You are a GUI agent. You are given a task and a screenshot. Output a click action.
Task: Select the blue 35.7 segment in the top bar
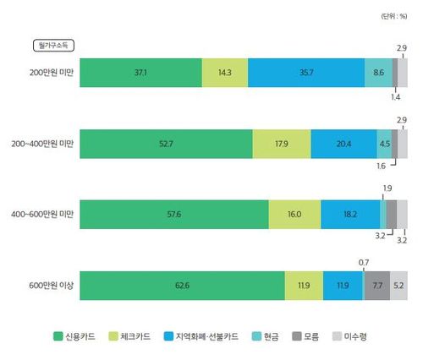(306, 74)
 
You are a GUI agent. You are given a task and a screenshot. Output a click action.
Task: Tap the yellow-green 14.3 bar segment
(225, 74)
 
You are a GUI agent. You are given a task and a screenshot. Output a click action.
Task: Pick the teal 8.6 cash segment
(378, 74)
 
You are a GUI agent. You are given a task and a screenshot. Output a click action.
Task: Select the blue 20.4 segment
(343, 144)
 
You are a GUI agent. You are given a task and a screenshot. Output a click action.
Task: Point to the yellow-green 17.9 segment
(281, 144)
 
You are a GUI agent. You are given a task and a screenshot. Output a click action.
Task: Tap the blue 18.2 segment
(349, 215)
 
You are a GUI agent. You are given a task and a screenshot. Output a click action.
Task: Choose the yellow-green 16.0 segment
(294, 215)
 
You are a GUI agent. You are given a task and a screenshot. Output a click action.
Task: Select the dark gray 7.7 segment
(377, 286)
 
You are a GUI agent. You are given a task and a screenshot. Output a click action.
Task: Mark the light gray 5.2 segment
(399, 286)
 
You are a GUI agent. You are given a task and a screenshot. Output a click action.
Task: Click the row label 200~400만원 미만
(44, 144)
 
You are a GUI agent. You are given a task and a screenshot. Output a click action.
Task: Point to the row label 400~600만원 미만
(44, 215)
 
